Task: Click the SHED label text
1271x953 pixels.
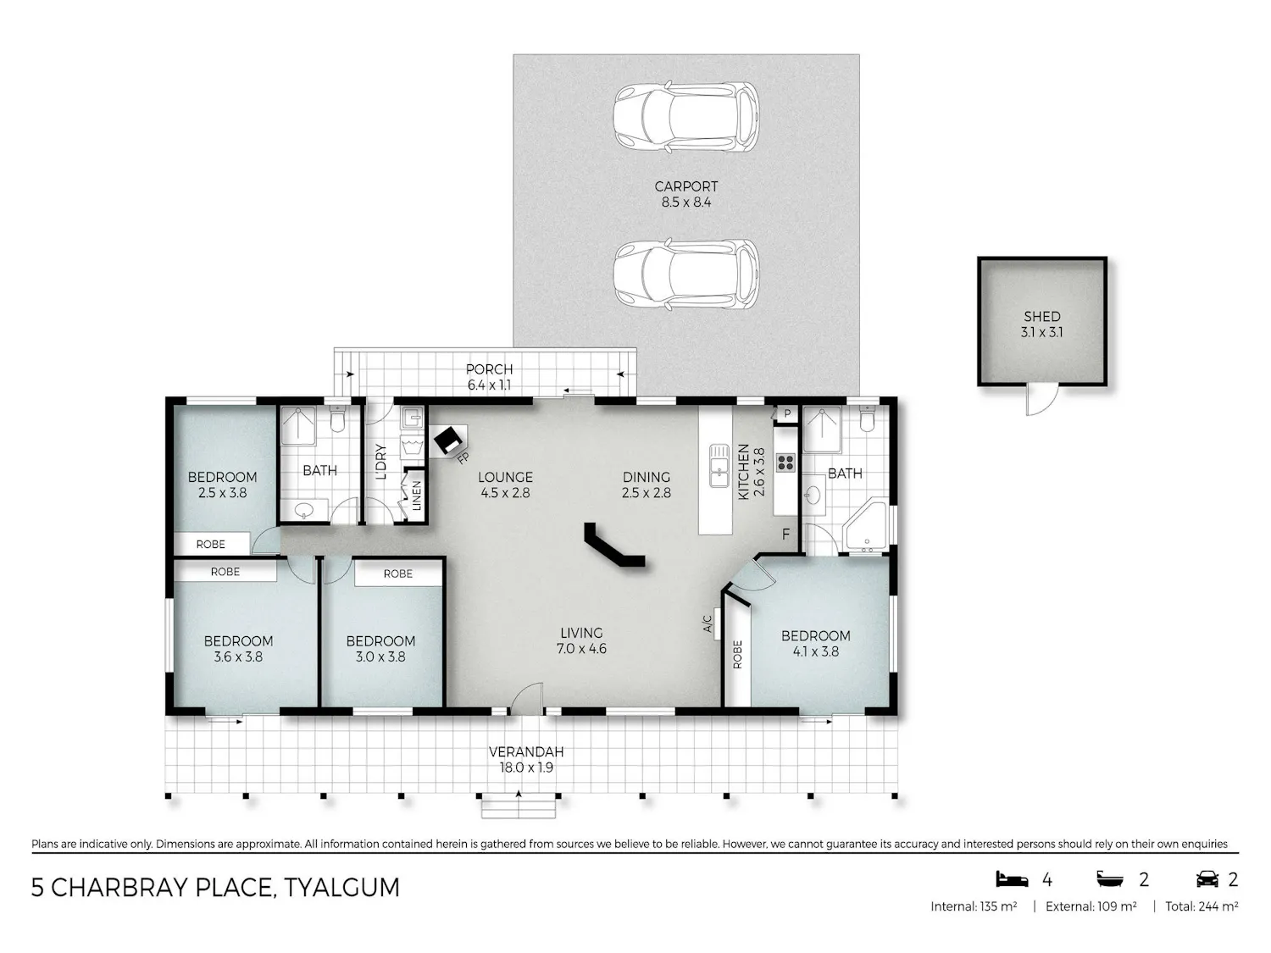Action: coord(1041,317)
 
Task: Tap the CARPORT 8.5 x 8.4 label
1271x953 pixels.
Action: coord(686,195)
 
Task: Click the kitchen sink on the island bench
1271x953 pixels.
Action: coord(719,466)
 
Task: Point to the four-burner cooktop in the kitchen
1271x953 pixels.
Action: coord(785,463)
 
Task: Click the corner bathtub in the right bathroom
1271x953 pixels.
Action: coord(865,527)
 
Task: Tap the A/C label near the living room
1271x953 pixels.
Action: coord(707,623)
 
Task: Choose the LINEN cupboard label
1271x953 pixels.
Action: coord(416,496)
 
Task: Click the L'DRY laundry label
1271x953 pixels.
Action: coord(380,462)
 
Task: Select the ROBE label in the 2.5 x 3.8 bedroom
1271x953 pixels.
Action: coord(211,544)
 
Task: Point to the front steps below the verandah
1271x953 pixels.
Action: coord(519,806)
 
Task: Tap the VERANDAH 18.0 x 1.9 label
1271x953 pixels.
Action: coord(526,760)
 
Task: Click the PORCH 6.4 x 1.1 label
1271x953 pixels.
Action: coord(489,377)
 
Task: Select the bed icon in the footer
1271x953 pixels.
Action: coord(1012,879)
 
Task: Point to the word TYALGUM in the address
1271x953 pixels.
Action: coord(341,888)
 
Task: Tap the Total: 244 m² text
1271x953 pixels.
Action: coord(1202,906)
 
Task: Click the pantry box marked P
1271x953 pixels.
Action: coord(787,414)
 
